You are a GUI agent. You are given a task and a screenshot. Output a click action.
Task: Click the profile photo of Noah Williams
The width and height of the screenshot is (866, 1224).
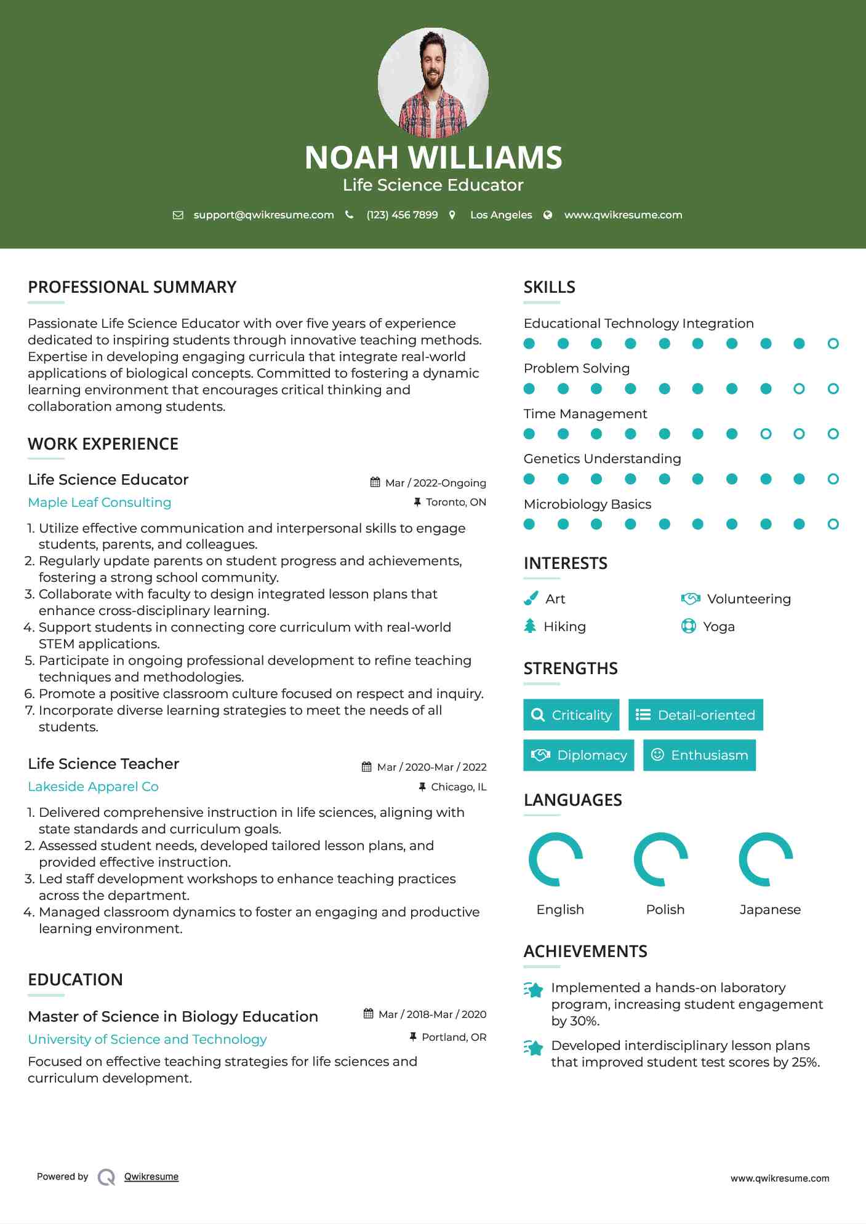point(433,82)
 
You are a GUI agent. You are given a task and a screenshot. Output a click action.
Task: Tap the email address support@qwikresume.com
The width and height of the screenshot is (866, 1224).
point(263,215)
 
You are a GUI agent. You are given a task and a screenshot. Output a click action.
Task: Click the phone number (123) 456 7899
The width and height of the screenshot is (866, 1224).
point(402,215)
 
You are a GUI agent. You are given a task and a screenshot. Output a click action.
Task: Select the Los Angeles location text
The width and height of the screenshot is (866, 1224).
point(501,215)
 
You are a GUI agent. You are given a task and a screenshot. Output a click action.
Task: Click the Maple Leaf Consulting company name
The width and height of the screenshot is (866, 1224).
point(100,503)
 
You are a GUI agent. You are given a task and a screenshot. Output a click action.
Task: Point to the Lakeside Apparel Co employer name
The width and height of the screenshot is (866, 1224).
point(93,787)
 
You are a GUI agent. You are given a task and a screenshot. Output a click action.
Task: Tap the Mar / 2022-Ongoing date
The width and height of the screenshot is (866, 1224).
point(435,483)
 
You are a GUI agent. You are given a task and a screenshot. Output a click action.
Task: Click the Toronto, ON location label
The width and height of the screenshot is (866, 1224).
point(455,502)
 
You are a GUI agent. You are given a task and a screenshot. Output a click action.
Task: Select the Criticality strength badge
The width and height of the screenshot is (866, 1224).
point(571,715)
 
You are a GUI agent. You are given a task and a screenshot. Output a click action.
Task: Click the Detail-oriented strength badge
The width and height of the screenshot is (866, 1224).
point(696,715)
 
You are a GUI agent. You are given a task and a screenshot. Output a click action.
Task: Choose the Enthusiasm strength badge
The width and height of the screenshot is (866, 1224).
point(699,755)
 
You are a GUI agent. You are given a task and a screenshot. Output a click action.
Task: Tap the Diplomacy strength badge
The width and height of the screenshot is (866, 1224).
point(579,755)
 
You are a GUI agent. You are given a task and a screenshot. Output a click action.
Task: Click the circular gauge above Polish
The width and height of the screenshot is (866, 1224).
point(660,859)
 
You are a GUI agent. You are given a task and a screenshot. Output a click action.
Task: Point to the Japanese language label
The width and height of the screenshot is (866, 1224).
point(770,910)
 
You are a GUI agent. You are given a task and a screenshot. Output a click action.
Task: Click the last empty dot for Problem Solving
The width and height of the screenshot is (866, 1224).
point(833,389)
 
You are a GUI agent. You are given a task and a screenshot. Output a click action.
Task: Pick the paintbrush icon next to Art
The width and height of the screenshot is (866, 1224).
point(531,598)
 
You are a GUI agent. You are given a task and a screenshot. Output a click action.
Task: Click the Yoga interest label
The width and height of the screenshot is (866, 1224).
point(719,627)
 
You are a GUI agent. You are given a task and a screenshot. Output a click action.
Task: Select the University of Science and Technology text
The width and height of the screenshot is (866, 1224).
point(147,1039)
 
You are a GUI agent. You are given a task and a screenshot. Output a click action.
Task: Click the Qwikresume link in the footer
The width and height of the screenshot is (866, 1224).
point(151,1177)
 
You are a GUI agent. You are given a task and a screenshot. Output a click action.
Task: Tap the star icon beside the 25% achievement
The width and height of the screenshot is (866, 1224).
point(534,1047)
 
